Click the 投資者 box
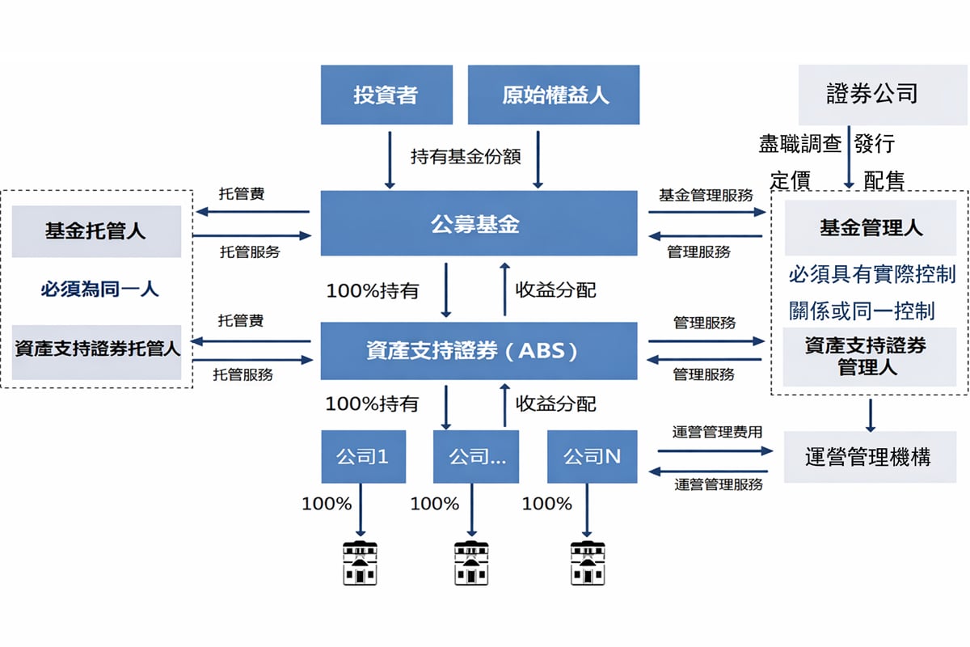tap(386, 95)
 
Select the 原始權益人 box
tap(554, 95)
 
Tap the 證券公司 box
tap(871, 95)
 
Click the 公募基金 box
tap(479, 223)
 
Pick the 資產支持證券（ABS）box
tap(479, 351)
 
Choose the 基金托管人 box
tap(96, 231)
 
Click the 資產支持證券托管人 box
tap(96, 351)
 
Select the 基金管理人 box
tap(870, 228)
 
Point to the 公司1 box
tap(363, 457)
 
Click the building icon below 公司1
tap(359, 561)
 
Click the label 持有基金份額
tap(466, 156)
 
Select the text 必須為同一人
tap(100, 289)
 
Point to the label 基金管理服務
tap(706, 195)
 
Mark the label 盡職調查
tap(800, 144)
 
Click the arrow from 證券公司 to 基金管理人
tap(849, 158)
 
